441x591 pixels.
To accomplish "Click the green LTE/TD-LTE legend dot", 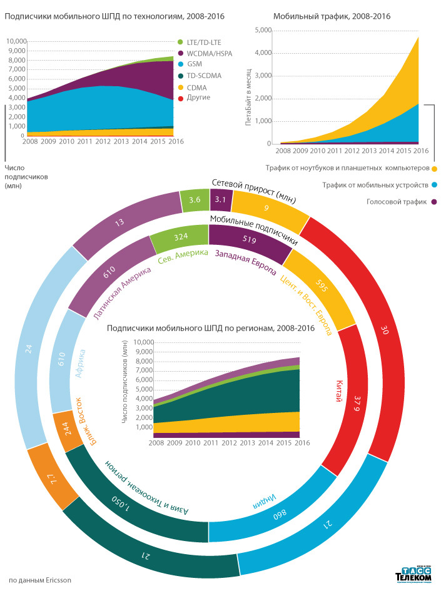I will tap(180, 41).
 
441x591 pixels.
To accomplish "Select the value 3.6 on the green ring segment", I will tap(195, 200).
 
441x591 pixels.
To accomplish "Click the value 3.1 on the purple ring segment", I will tap(221, 200).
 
